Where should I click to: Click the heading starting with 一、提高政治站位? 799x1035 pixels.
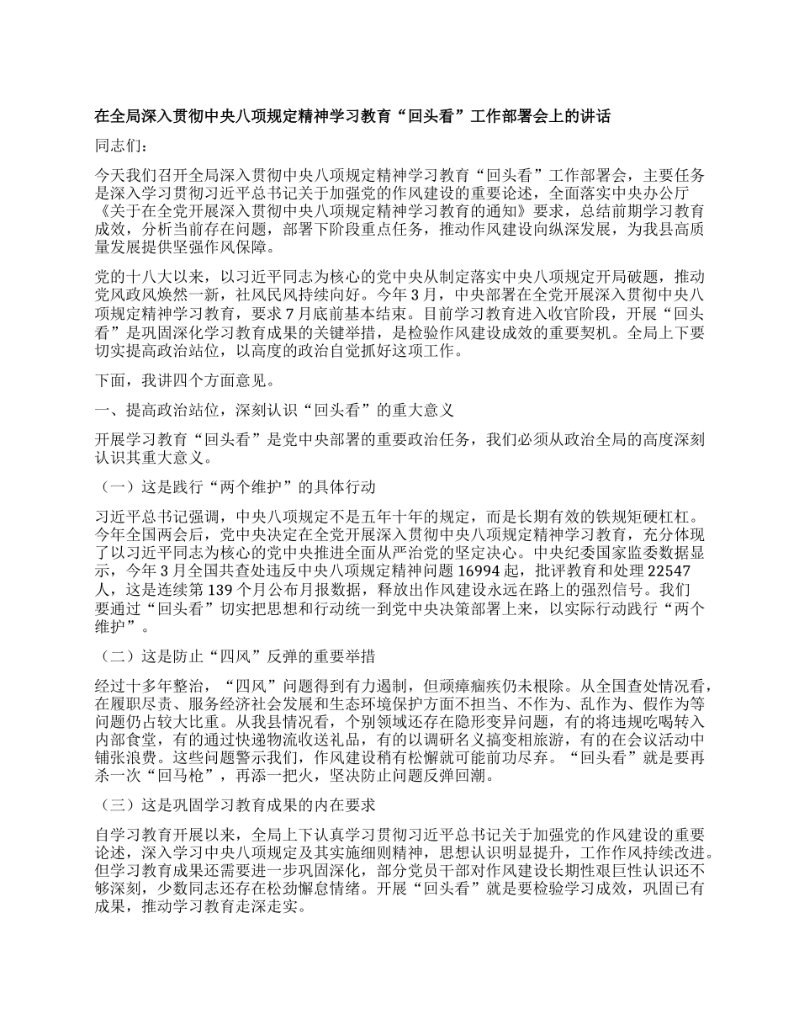(x=276, y=410)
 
